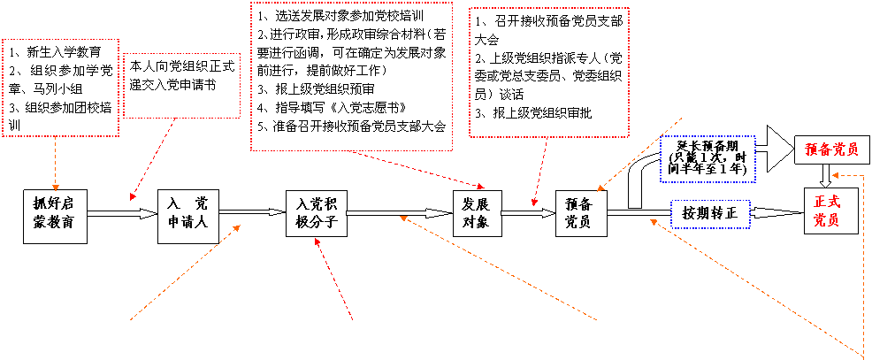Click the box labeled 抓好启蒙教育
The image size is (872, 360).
[56, 214]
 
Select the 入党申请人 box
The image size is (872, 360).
[187, 214]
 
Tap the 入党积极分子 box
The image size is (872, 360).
[316, 214]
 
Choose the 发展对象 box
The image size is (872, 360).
[476, 214]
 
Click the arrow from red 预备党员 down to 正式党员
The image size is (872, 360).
[825, 175]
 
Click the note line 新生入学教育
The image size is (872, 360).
[62, 51]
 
